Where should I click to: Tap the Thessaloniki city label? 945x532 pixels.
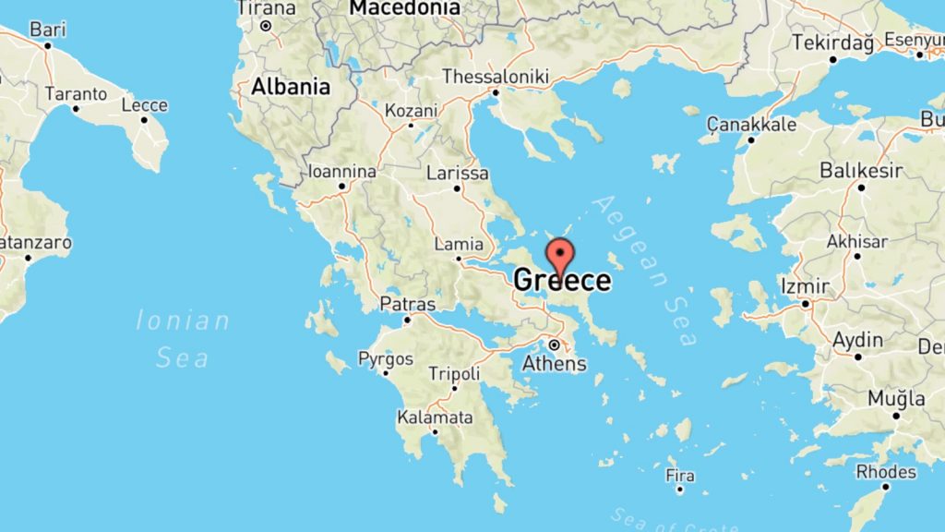[496, 76]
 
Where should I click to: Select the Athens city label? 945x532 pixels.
[555, 363]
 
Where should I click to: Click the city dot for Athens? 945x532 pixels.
[554, 345]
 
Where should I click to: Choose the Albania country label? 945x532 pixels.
[291, 87]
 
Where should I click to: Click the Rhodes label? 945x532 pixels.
[886, 472]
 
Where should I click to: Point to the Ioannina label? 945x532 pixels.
[342, 172]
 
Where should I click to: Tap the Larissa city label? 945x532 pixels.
[458, 173]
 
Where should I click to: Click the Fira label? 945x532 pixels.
[679, 476]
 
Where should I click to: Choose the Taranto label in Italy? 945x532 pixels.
[76, 94]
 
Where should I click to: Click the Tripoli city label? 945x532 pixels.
[454, 374]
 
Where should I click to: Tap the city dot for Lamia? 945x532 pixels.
[459, 259]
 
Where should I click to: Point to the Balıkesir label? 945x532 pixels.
[860, 171]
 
